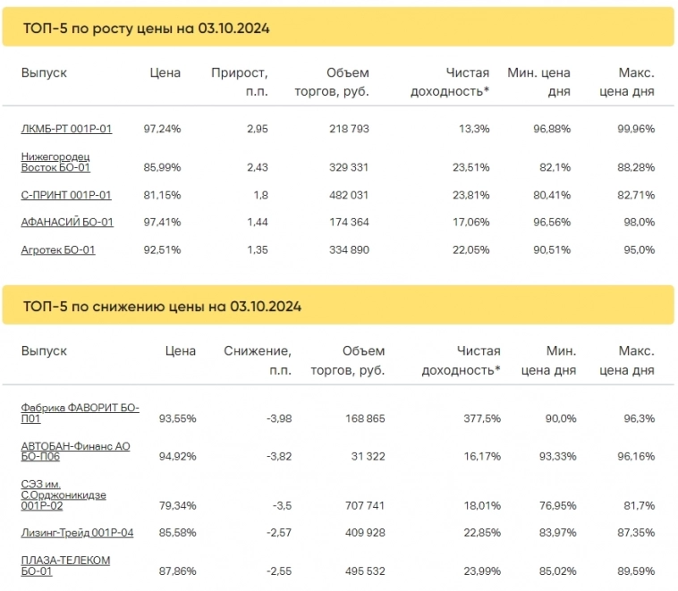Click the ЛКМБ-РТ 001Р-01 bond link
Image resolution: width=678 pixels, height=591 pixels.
tap(66, 129)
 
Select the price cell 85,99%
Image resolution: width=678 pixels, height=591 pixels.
tap(162, 167)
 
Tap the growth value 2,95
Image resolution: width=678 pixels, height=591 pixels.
tap(257, 129)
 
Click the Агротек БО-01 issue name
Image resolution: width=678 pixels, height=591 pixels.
tap(58, 249)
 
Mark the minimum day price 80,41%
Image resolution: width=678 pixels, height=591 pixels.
tap(552, 195)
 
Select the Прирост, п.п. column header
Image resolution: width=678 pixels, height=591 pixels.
tap(240, 81)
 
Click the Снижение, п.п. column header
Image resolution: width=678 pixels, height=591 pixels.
tap(258, 360)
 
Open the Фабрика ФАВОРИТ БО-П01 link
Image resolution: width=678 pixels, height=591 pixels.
tap(80, 412)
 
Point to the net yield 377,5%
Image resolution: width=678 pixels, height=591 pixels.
tap(479, 418)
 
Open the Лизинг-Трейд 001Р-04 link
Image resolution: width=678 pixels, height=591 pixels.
tap(77, 533)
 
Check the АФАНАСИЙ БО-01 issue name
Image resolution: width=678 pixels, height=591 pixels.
tap(67, 222)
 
